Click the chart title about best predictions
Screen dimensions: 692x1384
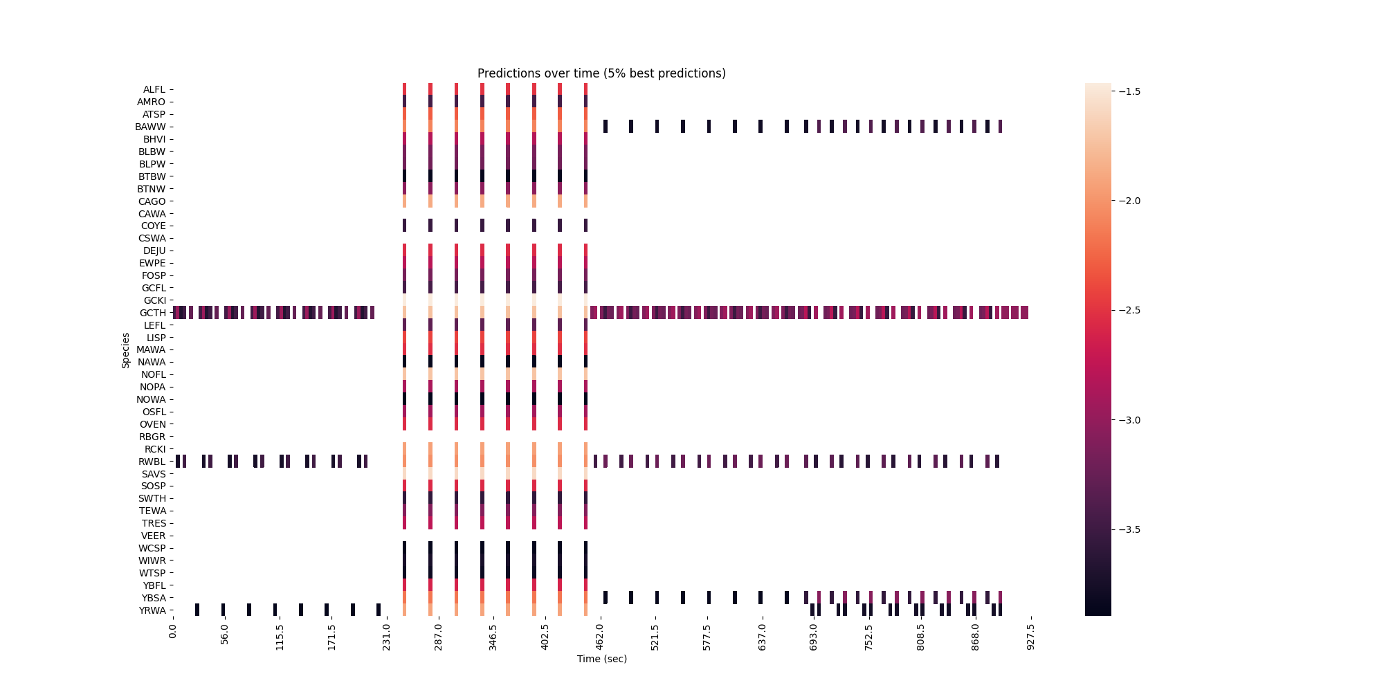pyautogui.click(x=601, y=73)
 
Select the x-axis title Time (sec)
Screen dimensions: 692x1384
pyautogui.click(x=601, y=659)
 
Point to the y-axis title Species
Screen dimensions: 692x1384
pyautogui.click(x=126, y=350)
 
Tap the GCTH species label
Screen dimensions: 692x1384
pyautogui.click(x=153, y=313)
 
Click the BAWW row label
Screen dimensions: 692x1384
pyautogui.click(x=151, y=127)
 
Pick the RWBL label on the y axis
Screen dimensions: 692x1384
pyautogui.click(x=152, y=462)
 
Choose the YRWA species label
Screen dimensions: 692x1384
pyautogui.click(x=152, y=610)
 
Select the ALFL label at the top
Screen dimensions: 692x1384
pyautogui.click(x=154, y=89)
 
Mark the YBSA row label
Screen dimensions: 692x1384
pyautogui.click(x=154, y=598)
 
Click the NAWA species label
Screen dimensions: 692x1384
pyautogui.click(x=152, y=362)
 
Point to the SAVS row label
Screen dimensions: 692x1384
pyautogui.click(x=154, y=474)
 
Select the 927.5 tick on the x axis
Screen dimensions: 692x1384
pyautogui.click(x=1030, y=637)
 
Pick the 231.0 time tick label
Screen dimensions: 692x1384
pyautogui.click(x=386, y=637)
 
